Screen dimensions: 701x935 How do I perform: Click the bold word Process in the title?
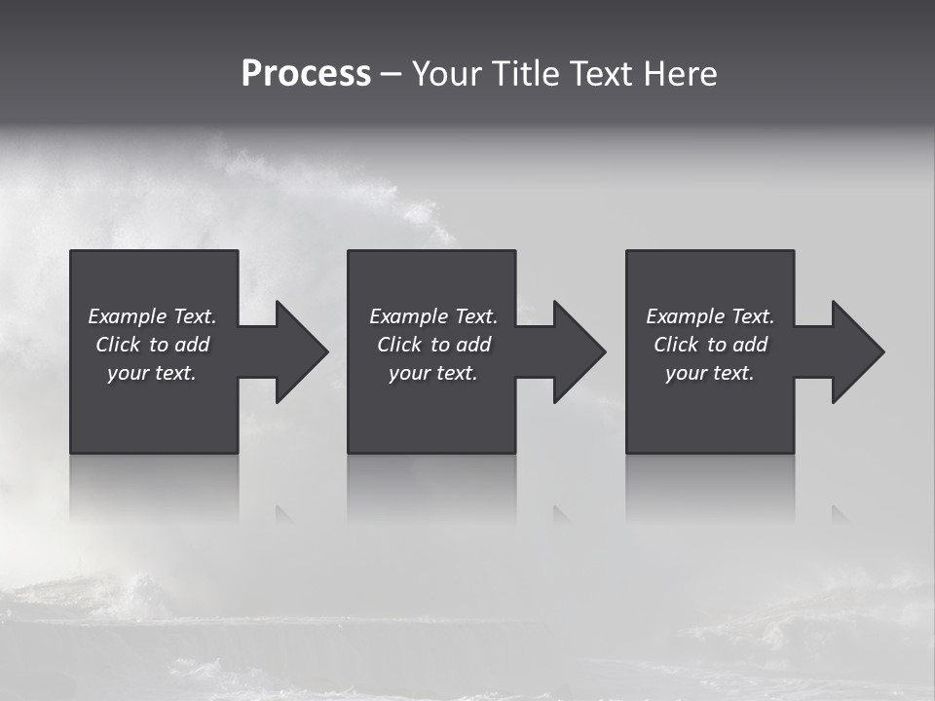(306, 74)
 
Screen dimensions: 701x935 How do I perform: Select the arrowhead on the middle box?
(579, 351)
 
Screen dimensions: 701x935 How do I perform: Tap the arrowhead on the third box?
(857, 351)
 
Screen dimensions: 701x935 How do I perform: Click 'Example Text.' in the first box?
(152, 316)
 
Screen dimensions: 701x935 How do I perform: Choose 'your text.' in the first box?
(152, 373)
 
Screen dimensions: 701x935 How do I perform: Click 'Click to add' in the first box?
(152, 345)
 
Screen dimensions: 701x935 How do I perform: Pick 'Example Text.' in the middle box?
(433, 316)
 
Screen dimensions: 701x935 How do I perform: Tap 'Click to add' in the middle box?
(433, 345)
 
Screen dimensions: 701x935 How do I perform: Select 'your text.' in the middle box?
(433, 373)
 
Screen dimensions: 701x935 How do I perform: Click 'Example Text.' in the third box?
(710, 316)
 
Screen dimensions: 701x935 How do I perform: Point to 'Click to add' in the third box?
(710, 345)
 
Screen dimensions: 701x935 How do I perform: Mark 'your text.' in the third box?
(710, 373)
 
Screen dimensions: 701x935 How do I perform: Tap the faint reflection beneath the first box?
(154, 487)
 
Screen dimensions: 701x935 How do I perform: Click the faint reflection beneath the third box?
(710, 487)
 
